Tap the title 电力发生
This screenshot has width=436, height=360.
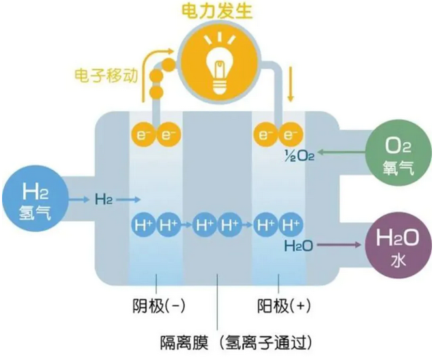(218, 11)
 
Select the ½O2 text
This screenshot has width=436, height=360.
(300, 155)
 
